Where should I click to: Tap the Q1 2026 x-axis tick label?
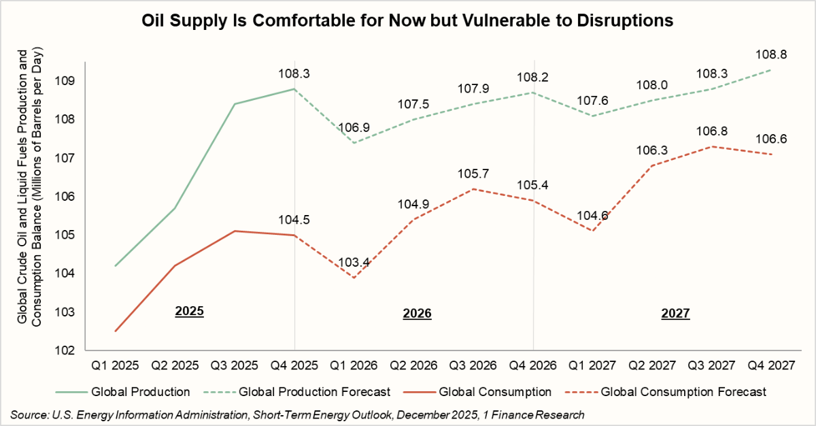pyautogui.click(x=354, y=364)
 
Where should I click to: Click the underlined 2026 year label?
pyautogui.click(x=418, y=314)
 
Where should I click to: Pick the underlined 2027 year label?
pyautogui.click(x=675, y=314)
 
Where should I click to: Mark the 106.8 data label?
pyautogui.click(x=711, y=131)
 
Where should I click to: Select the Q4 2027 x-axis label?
pyautogui.click(x=771, y=364)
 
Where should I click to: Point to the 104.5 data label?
pyautogui.click(x=294, y=219)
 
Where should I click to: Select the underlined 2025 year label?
pyautogui.click(x=190, y=312)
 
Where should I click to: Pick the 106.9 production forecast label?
pyautogui.click(x=354, y=127)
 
